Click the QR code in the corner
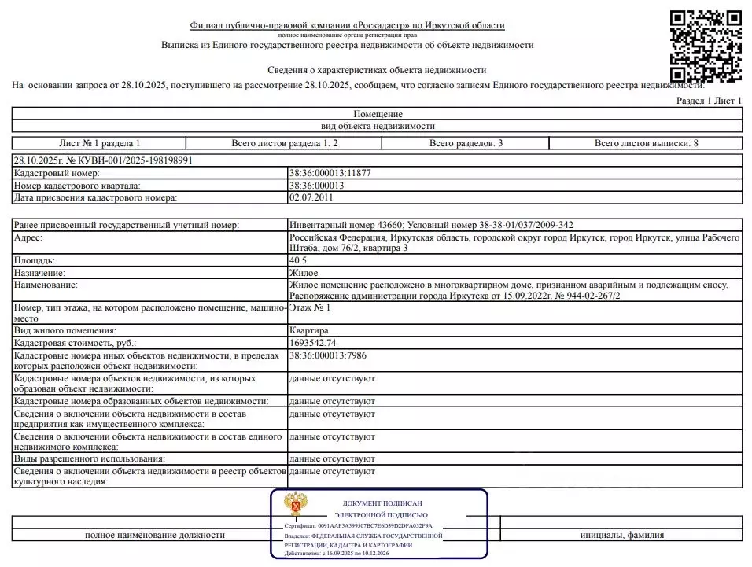[x=706, y=45]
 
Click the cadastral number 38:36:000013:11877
[x=330, y=173]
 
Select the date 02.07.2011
[x=311, y=197]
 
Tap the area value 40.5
[x=298, y=260]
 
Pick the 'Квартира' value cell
[x=309, y=331]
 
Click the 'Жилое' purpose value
[x=304, y=272]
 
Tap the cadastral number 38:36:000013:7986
[x=327, y=356]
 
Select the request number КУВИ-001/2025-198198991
[x=103, y=160]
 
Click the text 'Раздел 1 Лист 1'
[x=709, y=101]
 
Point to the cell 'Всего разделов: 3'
[x=466, y=143]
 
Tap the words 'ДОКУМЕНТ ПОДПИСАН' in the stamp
[x=382, y=503]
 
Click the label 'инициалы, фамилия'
[x=621, y=535]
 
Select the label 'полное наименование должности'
[x=155, y=535]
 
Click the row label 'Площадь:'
[x=34, y=260]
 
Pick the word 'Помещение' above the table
[x=378, y=114]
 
